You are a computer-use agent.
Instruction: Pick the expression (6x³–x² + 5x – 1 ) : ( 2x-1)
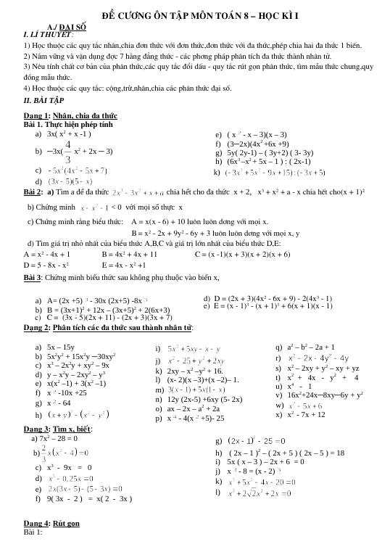263,161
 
